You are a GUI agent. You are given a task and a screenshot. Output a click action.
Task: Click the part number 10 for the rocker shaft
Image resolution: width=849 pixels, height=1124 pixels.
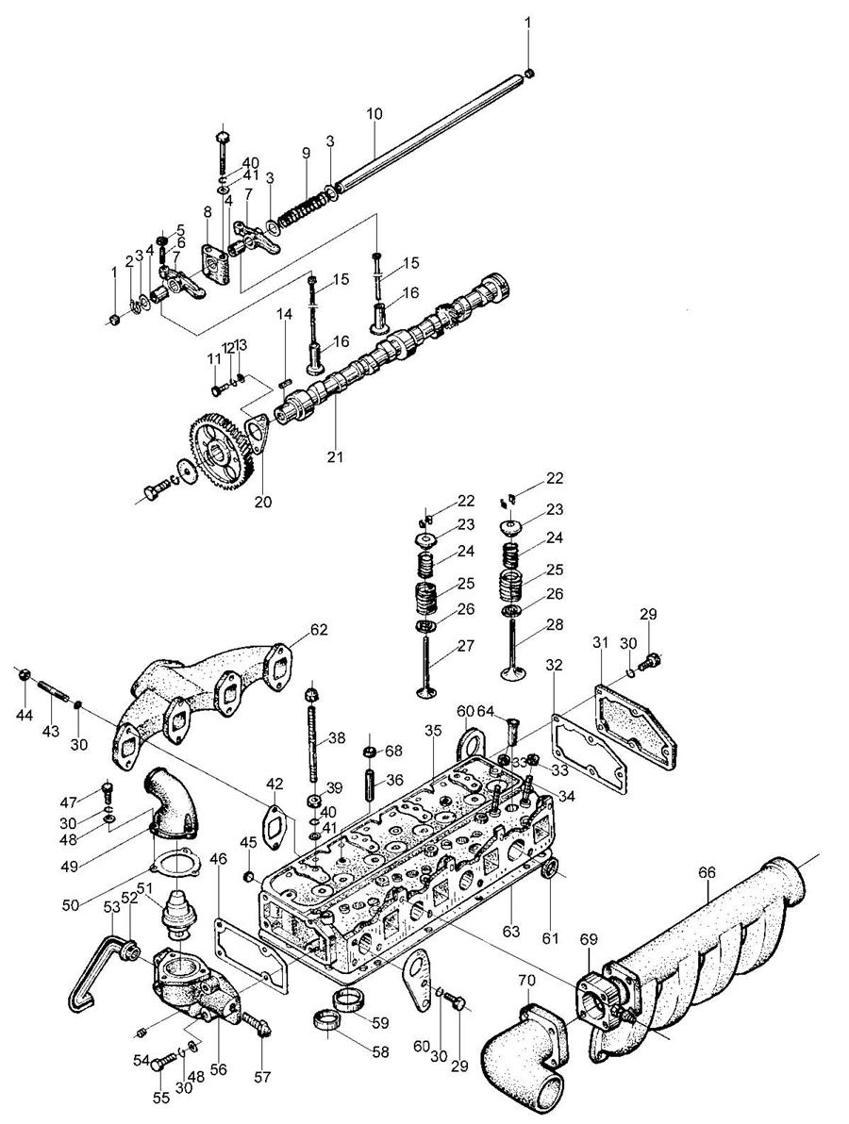(x=375, y=113)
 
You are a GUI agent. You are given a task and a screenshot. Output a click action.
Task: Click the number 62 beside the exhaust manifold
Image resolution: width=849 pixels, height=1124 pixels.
(x=319, y=629)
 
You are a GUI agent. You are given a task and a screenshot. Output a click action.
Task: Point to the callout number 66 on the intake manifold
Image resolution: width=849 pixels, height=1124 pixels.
(x=707, y=873)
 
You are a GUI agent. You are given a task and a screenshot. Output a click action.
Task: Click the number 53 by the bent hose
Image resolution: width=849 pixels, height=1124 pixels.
(x=112, y=908)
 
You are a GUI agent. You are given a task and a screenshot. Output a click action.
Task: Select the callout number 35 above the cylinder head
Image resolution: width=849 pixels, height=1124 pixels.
(x=431, y=731)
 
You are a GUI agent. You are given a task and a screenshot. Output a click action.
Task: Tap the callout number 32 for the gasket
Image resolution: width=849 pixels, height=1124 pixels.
(x=554, y=665)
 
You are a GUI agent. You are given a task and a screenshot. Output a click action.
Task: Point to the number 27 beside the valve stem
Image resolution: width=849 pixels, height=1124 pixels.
(x=466, y=645)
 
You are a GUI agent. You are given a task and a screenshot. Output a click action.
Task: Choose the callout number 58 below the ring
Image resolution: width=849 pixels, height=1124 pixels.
(x=380, y=1052)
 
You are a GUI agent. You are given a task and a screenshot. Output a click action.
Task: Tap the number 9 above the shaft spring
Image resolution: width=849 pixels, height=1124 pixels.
(x=307, y=153)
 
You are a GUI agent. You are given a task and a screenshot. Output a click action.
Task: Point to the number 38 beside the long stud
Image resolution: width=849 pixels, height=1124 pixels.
(x=337, y=737)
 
